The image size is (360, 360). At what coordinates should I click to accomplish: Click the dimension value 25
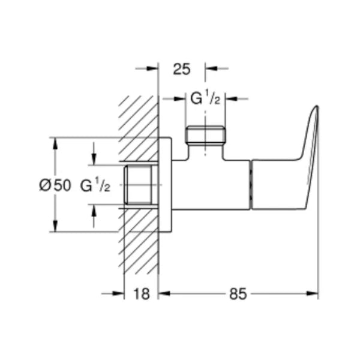pyautogui.click(x=181, y=69)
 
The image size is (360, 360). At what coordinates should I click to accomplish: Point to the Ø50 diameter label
pyautogui.click(x=55, y=186)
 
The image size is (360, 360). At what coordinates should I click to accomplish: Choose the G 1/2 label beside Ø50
pyautogui.click(x=95, y=186)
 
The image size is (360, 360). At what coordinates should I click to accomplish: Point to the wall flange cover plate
pyautogui.click(x=166, y=185)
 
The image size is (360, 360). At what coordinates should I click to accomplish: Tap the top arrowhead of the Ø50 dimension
pyautogui.click(x=55, y=142)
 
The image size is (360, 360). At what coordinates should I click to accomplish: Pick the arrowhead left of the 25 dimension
pyautogui.click(x=154, y=69)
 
